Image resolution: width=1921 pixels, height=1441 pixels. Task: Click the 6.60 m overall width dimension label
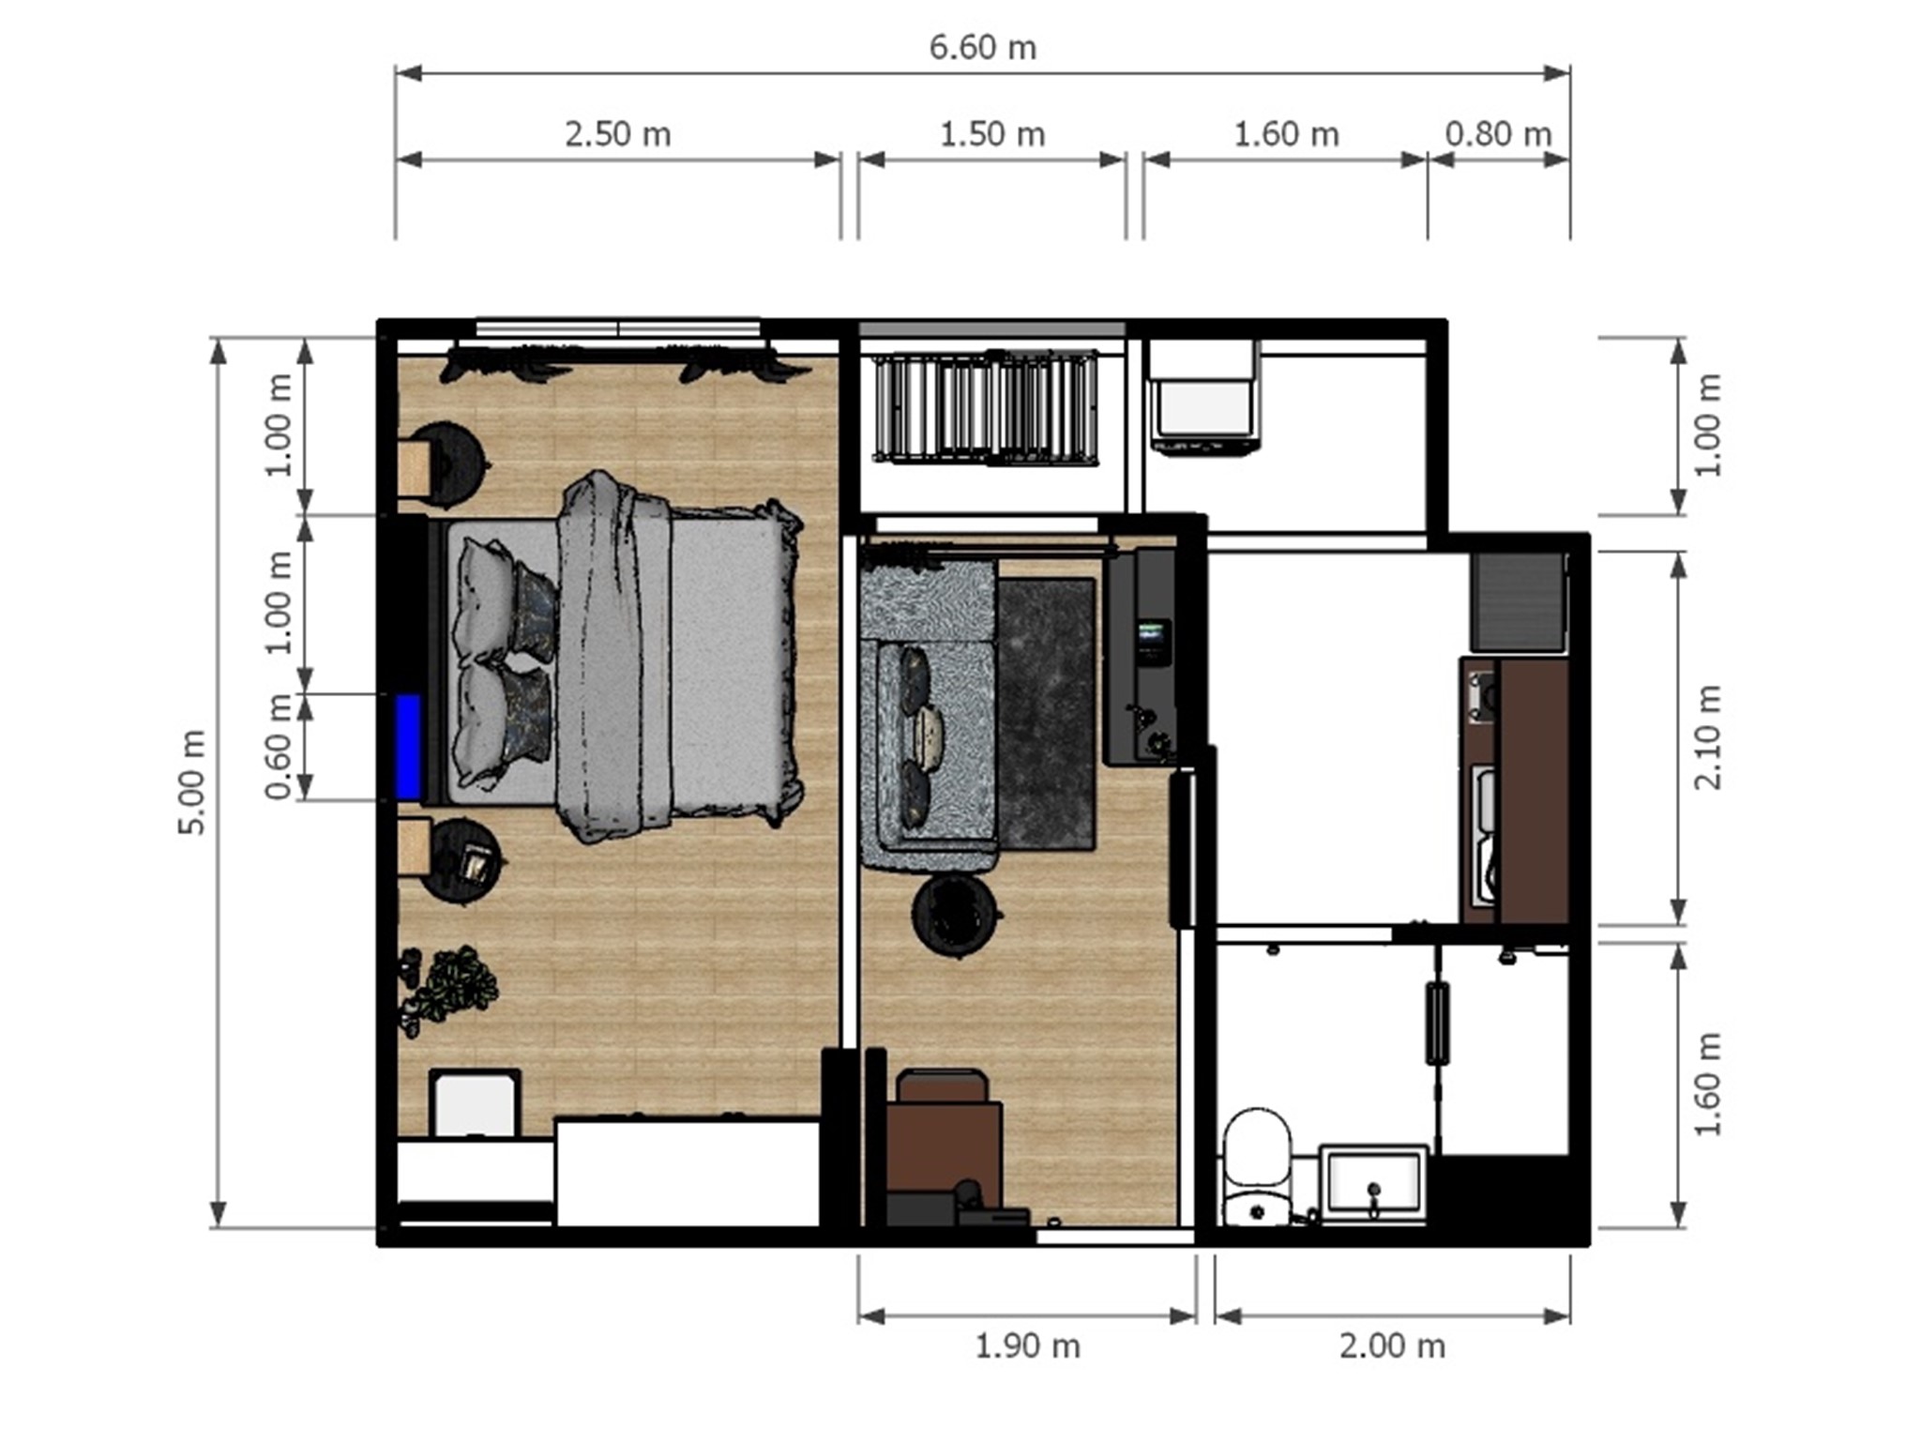coord(982,48)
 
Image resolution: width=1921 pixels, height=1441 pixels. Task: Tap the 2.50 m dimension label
coord(618,135)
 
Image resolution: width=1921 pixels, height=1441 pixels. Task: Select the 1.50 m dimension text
coord(992,135)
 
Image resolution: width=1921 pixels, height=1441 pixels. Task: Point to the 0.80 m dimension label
coord(1498,135)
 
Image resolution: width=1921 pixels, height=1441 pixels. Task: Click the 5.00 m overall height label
coord(192,781)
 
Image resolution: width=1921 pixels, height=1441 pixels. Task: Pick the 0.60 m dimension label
coord(280,747)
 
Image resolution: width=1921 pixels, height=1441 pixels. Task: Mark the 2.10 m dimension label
coord(1708,737)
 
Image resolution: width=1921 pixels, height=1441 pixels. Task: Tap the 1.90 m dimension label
coord(1027,1347)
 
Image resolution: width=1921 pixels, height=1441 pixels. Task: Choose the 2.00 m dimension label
coord(1392,1347)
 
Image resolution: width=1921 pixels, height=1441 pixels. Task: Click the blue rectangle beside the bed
coord(407,747)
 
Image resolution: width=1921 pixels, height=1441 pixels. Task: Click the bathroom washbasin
coord(1373,1182)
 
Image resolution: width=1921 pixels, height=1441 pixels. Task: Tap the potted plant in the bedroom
coord(446,990)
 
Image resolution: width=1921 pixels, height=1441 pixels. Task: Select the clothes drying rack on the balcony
coord(986,405)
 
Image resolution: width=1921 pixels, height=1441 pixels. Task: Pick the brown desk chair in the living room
coord(942,1087)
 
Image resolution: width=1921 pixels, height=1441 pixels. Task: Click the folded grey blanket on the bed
coord(614,656)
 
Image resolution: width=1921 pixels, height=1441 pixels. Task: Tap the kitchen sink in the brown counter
coord(1483,836)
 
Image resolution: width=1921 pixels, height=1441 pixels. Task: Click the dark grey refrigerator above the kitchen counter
coord(1517,601)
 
